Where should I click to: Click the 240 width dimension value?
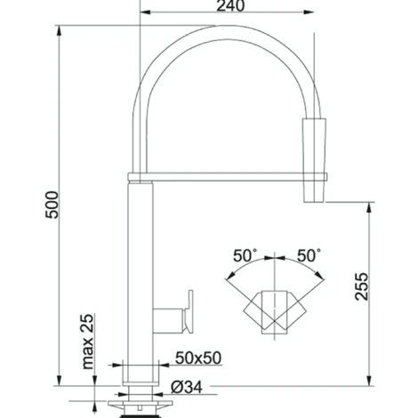tap(230, 6)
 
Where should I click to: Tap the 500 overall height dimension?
tap(52, 205)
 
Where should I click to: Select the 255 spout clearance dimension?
tap(361, 286)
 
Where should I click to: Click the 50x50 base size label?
tap(198, 358)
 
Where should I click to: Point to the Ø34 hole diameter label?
tap(187, 387)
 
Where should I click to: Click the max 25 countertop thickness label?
tap(87, 342)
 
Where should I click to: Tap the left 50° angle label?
tap(245, 255)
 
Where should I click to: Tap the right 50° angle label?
tap(309, 255)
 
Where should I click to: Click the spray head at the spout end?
tap(314, 160)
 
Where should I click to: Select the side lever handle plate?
tap(189, 312)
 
